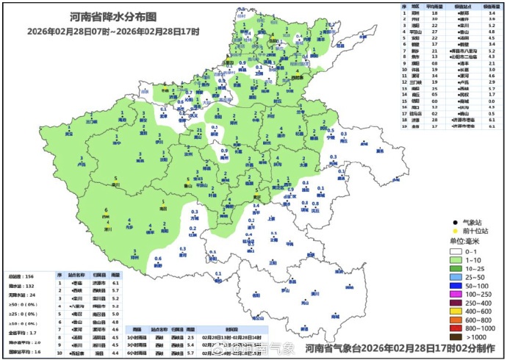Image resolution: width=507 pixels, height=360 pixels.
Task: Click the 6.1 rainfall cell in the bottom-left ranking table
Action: pyautogui.click(x=115, y=283)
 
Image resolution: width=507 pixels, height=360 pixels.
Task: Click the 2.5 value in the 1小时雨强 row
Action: pyautogui.click(x=189, y=337)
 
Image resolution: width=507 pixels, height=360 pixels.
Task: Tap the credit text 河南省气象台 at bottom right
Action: pyautogui.click(x=336, y=348)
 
